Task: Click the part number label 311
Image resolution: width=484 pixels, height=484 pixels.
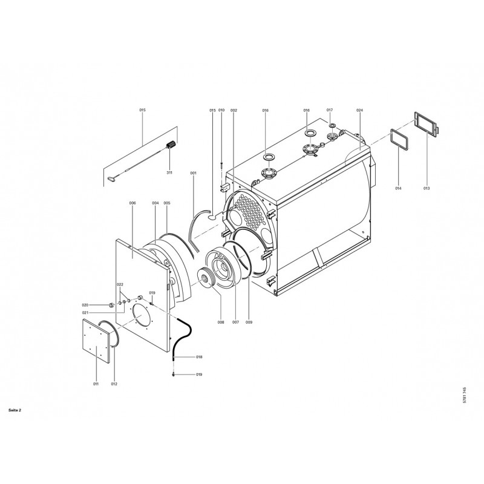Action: [169, 173]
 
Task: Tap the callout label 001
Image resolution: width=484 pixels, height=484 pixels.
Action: [193, 174]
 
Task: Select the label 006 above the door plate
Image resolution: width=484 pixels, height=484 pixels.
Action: [132, 203]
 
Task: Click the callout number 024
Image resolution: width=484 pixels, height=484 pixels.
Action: [359, 110]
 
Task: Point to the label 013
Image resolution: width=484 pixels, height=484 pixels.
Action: [427, 188]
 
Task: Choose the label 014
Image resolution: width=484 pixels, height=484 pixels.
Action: [398, 188]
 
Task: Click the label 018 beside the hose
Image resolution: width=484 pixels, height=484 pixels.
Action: [199, 357]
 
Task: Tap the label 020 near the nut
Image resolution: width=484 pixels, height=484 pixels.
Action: [85, 306]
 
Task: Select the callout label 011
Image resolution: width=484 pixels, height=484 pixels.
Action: [96, 384]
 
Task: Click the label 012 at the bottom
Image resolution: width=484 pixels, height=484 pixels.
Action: [114, 384]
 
